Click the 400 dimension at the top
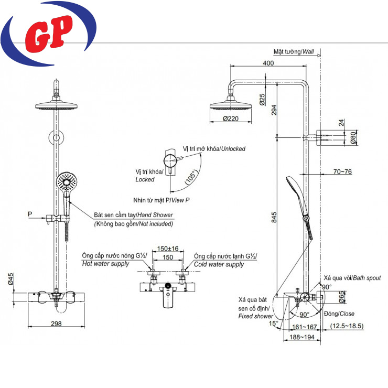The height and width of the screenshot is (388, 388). pos(268,63)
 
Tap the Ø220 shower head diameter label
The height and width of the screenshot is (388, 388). pos(231,119)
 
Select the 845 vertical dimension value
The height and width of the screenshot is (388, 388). pos(274,217)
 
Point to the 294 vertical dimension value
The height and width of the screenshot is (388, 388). pos(274,110)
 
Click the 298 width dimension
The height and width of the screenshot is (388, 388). pos(56,324)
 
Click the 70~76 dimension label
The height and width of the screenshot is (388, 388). pos(342,171)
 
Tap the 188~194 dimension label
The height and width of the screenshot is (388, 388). pos(302,337)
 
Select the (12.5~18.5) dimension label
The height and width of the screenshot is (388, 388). pos(347,326)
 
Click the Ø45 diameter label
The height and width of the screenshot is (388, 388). pos(10,279)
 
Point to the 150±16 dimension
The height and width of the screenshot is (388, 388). pos(168,249)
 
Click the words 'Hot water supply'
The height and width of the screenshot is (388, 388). pos(106,264)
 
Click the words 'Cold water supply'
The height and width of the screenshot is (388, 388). pos(219,264)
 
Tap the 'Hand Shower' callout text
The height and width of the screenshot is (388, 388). pos(155,215)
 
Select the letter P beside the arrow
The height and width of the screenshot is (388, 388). pos(30,214)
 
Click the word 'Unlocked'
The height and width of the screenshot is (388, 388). pos(233,149)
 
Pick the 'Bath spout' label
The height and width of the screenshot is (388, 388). pos(367,278)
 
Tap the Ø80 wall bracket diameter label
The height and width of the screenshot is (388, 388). pos(353,137)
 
